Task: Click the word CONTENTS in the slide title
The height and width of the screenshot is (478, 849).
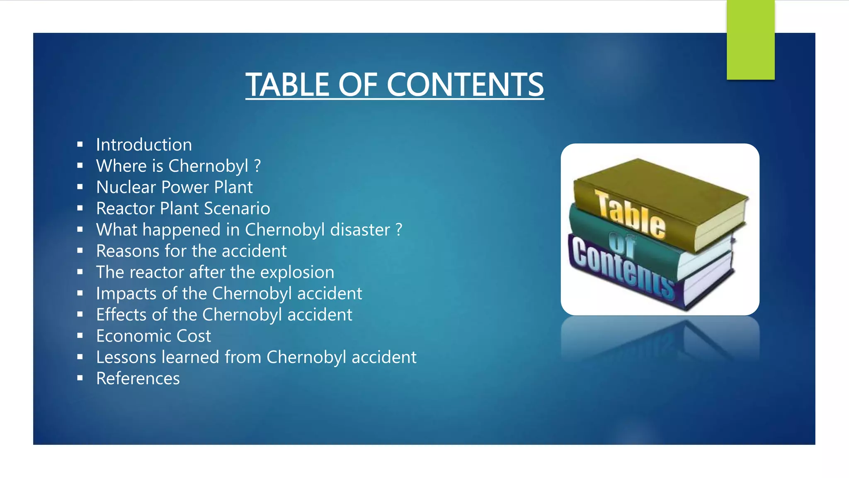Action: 465,85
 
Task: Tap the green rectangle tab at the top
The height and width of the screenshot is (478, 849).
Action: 750,40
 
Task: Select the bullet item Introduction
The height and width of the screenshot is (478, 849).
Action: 144,145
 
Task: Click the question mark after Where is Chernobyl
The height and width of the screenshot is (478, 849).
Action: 257,166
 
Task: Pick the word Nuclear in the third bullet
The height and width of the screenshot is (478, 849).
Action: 126,187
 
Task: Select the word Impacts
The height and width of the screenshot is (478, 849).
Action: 126,294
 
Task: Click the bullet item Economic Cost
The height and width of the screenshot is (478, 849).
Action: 153,336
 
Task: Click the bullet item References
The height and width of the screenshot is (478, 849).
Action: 138,378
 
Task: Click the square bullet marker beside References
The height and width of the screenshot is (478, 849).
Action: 80,378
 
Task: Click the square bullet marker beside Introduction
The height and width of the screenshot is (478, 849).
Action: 80,145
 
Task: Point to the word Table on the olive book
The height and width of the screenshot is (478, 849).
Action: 631,215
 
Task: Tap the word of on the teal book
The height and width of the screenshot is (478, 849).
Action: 622,245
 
